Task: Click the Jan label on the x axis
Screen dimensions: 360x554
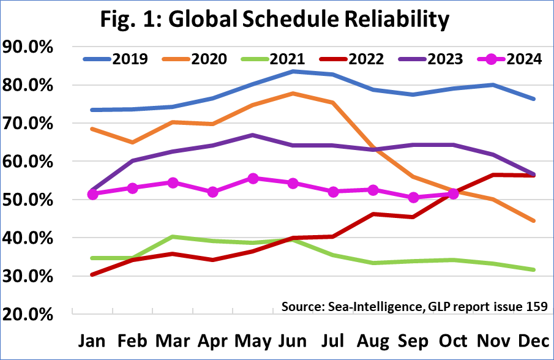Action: [x=93, y=340]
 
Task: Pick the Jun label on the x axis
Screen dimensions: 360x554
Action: [x=293, y=340]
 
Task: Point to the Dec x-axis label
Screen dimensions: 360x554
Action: [x=534, y=340]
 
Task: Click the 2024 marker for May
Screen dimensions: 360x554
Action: [x=253, y=178]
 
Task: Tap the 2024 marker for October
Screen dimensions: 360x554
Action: [x=454, y=193]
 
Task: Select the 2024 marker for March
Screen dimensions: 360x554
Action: [x=173, y=182]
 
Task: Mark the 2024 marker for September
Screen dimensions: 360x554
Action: [x=413, y=197]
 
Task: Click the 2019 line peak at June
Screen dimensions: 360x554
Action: [x=293, y=71]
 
